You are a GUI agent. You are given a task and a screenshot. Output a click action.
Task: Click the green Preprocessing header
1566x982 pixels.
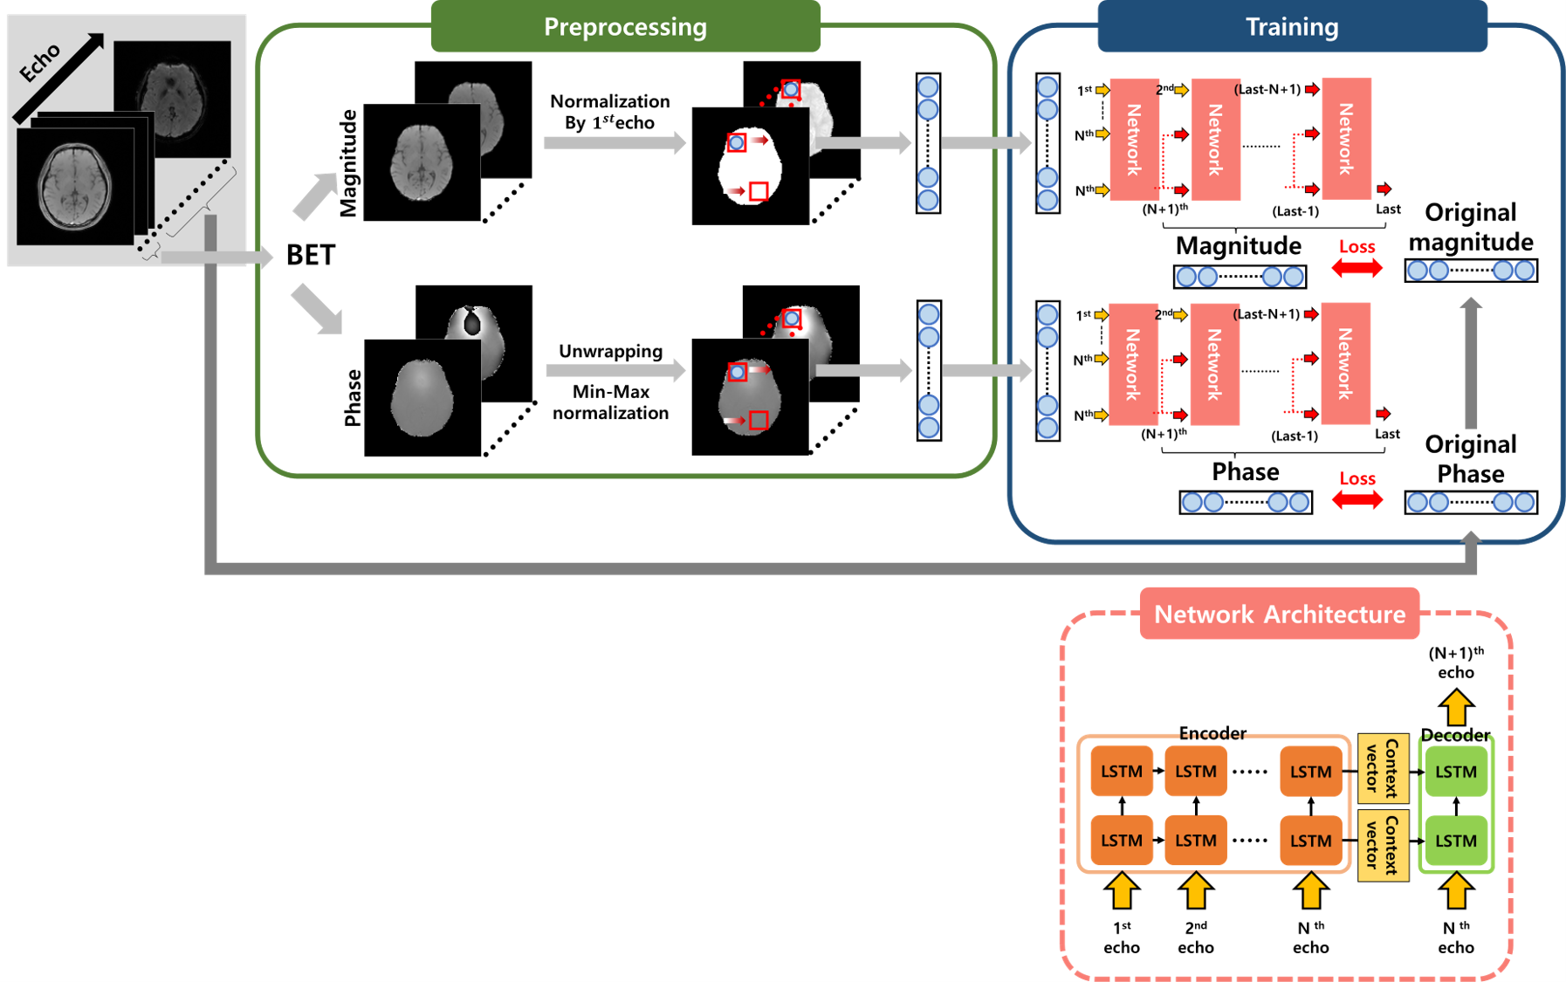click(x=625, y=27)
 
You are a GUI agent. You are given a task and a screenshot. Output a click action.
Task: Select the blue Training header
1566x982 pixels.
click(x=1291, y=27)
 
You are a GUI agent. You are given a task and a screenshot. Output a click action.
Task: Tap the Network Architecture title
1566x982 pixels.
click(x=1279, y=615)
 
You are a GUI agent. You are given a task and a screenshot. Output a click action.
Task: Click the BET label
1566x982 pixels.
click(x=311, y=255)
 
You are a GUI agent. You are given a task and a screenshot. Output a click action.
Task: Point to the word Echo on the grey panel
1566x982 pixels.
click(x=40, y=63)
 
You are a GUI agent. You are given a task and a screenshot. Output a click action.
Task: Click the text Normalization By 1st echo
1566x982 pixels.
click(x=609, y=112)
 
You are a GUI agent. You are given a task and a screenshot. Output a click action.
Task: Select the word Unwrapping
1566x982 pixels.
click(x=610, y=351)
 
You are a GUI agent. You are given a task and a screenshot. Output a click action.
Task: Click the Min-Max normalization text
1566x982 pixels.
click(x=610, y=402)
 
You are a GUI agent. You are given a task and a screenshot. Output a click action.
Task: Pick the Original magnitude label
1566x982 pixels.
click(x=1470, y=227)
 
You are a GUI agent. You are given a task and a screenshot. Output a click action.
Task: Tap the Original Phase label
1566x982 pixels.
click(x=1470, y=459)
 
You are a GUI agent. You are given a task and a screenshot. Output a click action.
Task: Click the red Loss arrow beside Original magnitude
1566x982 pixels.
click(x=1357, y=269)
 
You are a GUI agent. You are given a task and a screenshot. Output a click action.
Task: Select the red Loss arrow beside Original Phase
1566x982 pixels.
click(x=1357, y=500)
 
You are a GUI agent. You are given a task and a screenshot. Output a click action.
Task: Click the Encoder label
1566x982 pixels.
click(x=1212, y=733)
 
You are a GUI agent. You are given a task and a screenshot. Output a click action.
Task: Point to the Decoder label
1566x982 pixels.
click(x=1455, y=735)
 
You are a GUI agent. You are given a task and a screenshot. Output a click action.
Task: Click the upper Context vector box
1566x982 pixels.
click(x=1383, y=768)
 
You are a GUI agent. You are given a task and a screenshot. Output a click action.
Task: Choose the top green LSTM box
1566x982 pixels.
click(x=1455, y=772)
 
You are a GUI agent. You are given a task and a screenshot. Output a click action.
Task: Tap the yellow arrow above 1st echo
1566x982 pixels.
click(x=1122, y=891)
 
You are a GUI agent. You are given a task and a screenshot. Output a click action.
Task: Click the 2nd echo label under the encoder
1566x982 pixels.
click(x=1195, y=937)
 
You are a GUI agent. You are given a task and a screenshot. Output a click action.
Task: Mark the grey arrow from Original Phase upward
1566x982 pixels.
click(x=1471, y=362)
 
